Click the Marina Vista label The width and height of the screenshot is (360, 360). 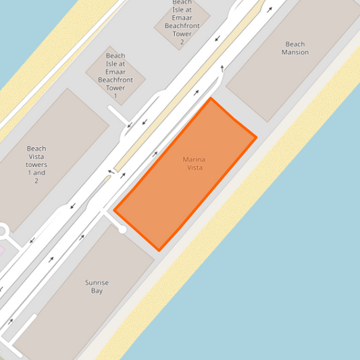[x=194, y=163]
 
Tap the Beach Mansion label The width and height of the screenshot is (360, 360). [x=295, y=48]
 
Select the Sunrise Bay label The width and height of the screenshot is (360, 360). [x=97, y=286]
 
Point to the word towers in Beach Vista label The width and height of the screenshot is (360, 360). [x=36, y=164]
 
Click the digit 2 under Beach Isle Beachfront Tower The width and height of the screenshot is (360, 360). [x=182, y=42]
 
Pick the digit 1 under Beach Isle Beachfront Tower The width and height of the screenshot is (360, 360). [x=115, y=97]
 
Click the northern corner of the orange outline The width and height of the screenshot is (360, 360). [x=211, y=99]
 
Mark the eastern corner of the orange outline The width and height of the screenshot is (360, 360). [x=256, y=138]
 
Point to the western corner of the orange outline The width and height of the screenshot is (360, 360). [x=113, y=210]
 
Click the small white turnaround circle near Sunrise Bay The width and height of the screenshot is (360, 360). [x=122, y=230]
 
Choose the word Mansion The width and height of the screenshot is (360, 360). [x=295, y=52]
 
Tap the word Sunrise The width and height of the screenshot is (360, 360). [x=97, y=282]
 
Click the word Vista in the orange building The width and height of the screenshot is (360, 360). [x=194, y=167]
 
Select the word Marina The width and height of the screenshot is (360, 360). [x=194, y=159]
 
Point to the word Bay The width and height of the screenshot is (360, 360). [x=97, y=290]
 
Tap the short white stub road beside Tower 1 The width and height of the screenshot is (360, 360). [x=119, y=116]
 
